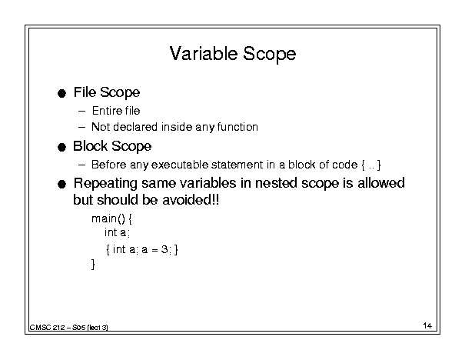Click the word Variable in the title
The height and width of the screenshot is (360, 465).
pos(204,54)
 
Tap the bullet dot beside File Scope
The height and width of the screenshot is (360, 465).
pos(61,94)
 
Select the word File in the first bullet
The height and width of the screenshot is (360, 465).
pos(85,92)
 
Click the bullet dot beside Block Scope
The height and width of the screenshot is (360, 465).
pos(61,147)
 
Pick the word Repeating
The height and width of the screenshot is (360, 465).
pos(105,183)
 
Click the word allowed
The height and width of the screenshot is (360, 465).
pos(381,183)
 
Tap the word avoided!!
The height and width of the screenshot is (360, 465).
pos(191,200)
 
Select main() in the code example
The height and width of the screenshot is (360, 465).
pos(108,218)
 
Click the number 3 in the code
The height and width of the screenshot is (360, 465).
pos(164,249)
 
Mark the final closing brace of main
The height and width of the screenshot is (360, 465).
pos(93,264)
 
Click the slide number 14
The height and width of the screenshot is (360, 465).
pos(427,325)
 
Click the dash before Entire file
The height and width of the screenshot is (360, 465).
pos(81,112)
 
